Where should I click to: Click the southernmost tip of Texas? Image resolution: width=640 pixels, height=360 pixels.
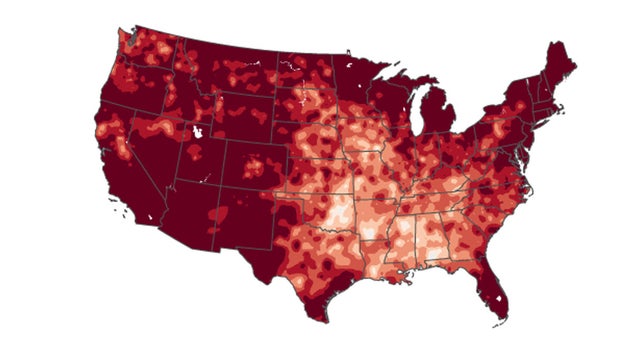(322, 318)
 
